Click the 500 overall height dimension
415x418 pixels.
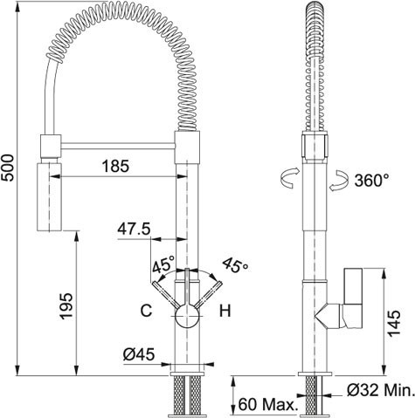pyautogui.click(x=7, y=168)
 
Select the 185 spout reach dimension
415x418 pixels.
pyautogui.click(x=115, y=167)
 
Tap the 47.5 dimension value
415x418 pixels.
pyautogui.click(x=134, y=229)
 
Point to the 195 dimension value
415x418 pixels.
pyautogui.click(x=66, y=305)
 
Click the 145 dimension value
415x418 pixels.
pyautogui.click(x=394, y=323)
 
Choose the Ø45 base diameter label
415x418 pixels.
pyautogui.click(x=139, y=354)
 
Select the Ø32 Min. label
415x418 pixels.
pyautogui.click(x=380, y=390)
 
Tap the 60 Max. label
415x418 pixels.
pyautogui.click(x=266, y=404)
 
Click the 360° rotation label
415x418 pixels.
pyautogui.click(x=372, y=181)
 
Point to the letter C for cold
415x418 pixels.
pyautogui.click(x=146, y=311)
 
